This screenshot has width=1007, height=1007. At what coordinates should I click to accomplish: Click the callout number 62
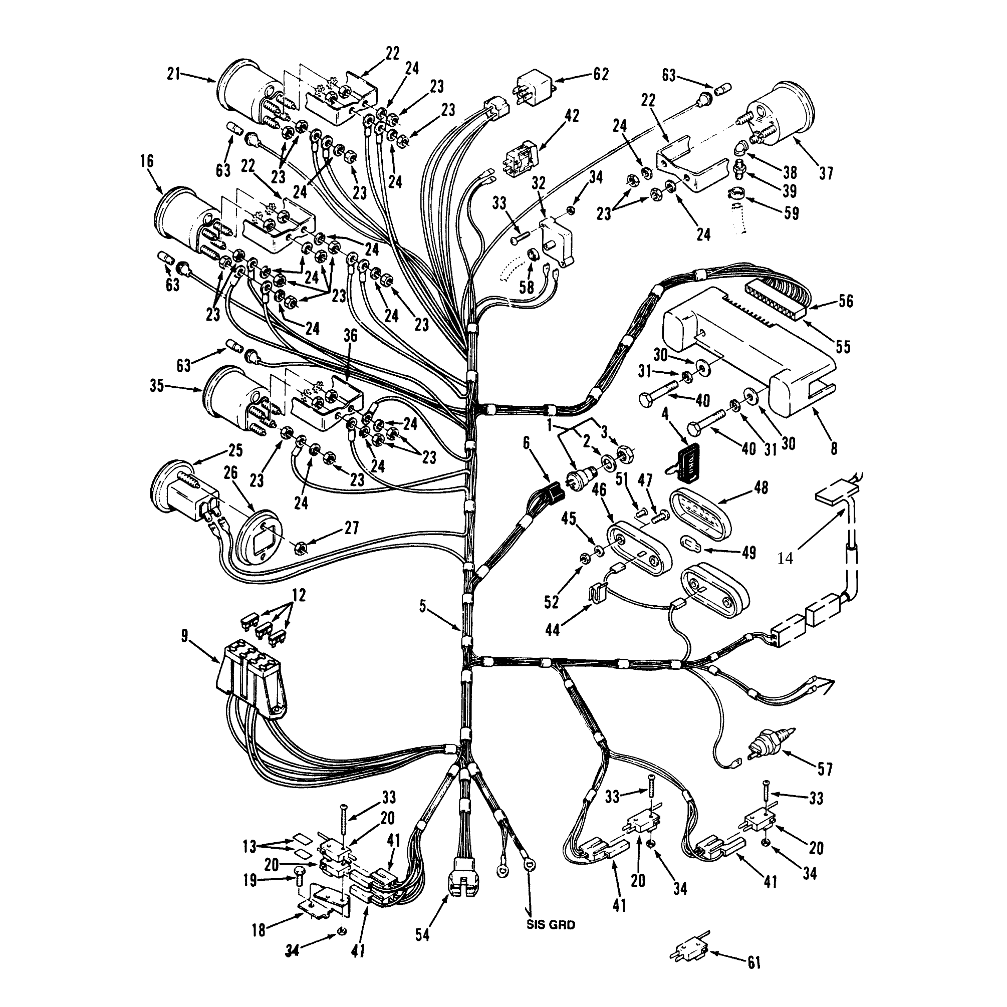click(601, 75)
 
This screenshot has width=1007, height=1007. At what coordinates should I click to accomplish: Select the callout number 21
click(173, 75)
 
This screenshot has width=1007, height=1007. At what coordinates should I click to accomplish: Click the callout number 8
click(834, 448)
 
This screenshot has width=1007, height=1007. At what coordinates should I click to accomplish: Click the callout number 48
click(761, 488)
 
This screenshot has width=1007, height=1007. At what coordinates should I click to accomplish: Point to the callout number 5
click(423, 606)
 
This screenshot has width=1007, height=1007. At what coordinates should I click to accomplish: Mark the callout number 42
click(572, 116)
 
